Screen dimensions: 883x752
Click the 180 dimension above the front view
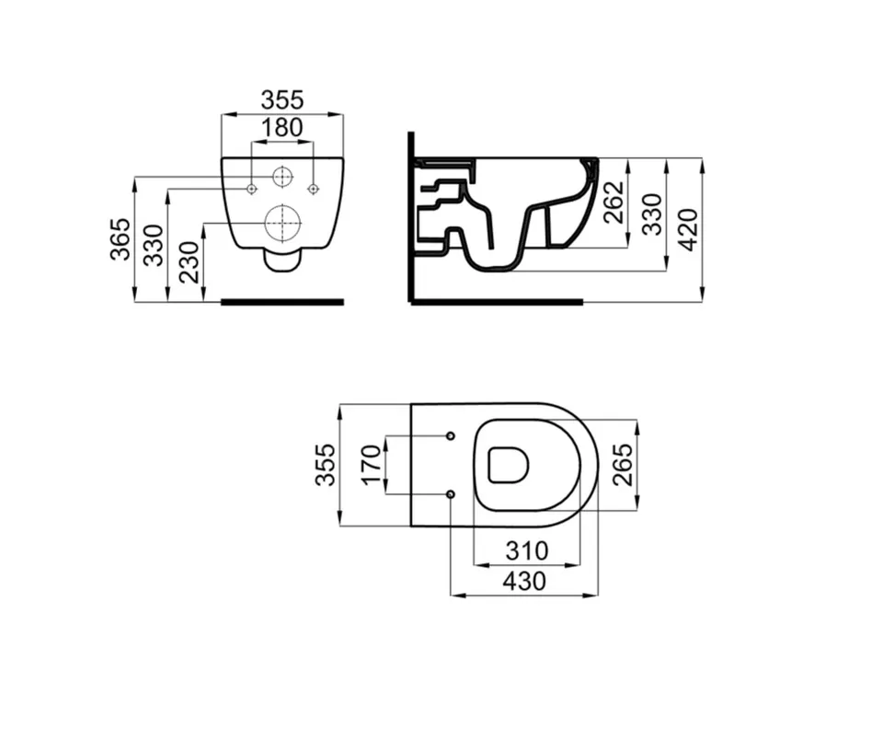[x=282, y=129]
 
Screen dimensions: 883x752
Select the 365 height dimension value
[x=120, y=239]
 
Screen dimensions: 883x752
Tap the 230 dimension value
[x=189, y=262]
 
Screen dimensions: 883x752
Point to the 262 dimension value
[x=614, y=202]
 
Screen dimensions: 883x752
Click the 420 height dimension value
[x=688, y=229]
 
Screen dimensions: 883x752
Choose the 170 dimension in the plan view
[x=372, y=465]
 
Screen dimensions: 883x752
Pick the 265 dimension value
[x=623, y=465]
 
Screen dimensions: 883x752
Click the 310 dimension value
[x=526, y=551]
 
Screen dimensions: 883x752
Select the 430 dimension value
[x=524, y=581]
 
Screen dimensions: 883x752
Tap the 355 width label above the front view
[x=282, y=100]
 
